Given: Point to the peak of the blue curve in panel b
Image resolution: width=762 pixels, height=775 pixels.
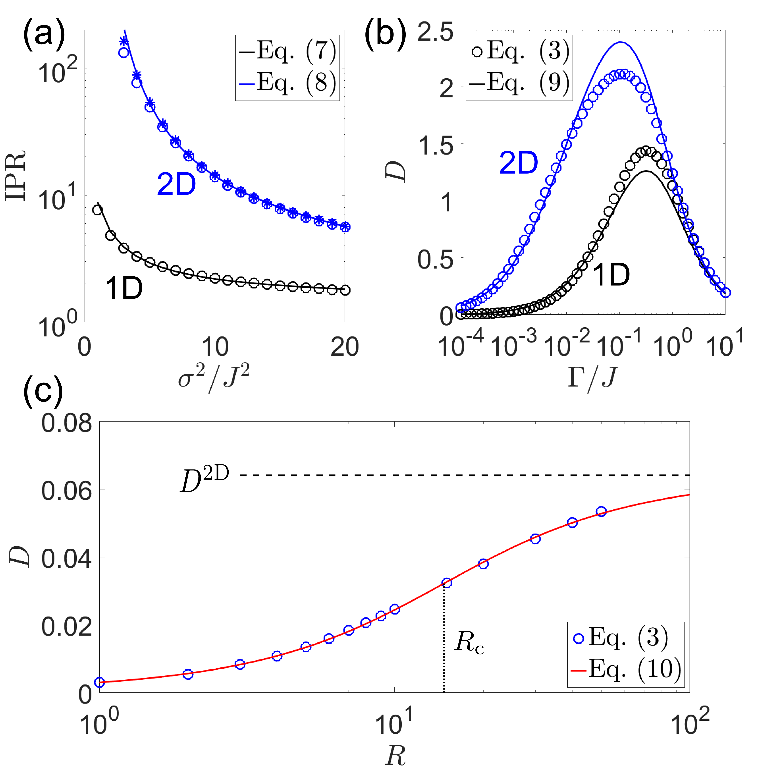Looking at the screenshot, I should [620, 42].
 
